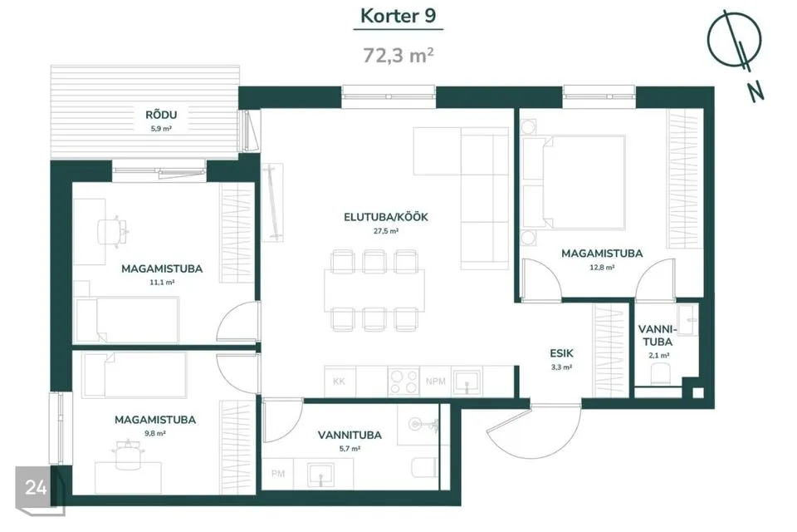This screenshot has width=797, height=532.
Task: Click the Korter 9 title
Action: [x=398, y=16]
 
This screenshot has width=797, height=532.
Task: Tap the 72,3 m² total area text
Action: [x=398, y=55]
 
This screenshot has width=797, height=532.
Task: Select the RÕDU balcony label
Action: [x=161, y=115]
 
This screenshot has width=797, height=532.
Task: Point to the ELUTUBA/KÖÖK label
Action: [x=386, y=218]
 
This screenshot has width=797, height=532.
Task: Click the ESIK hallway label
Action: [x=562, y=353]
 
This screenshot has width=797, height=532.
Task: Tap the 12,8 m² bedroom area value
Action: [x=602, y=268]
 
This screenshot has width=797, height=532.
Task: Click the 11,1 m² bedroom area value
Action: [x=162, y=283]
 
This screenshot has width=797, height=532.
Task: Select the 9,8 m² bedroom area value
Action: [x=155, y=434]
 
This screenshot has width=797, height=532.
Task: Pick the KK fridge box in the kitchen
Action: [x=340, y=382]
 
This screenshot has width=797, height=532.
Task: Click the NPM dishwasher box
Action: [x=436, y=382]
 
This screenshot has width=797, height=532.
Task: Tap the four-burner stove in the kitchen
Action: [x=403, y=382]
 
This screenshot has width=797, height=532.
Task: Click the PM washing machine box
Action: [x=278, y=474]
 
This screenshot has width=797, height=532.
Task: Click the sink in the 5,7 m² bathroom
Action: [x=320, y=474]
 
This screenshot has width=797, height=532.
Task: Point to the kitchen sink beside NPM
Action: [x=467, y=382]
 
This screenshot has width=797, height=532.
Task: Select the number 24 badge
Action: [x=36, y=488]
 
